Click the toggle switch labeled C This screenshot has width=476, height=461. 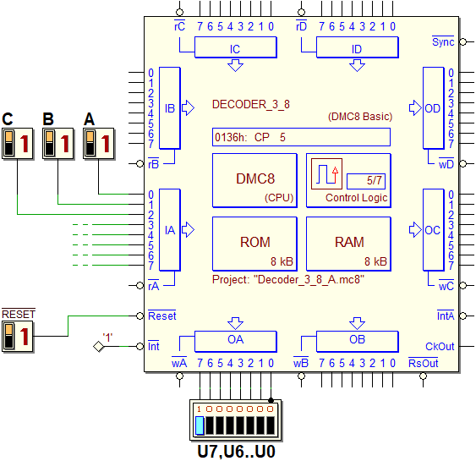pyautogui.click(x=17, y=143)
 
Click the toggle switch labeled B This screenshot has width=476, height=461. pyautogui.click(x=58, y=143)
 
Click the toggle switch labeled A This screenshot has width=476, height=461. pyautogui.click(x=99, y=143)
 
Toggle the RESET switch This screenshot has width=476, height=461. pyautogui.click(x=17, y=337)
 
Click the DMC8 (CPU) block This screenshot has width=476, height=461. pyautogui.click(x=254, y=180)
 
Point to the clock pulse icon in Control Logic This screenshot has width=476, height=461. pyautogui.click(x=326, y=173)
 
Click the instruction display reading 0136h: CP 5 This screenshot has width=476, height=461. pyautogui.click(x=301, y=137)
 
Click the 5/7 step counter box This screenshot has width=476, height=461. pyautogui.click(x=366, y=181)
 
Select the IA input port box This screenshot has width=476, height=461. pyautogui.click(x=170, y=230)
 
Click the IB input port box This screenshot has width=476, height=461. pyautogui.click(x=170, y=108)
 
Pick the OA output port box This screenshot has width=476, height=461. pyautogui.click(x=236, y=342)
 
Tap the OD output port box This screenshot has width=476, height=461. pyautogui.click(x=434, y=108)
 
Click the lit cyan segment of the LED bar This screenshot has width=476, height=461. pyautogui.click(x=200, y=425)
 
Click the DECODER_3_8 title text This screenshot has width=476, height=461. pyautogui.click(x=251, y=105)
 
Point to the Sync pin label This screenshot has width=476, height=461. pyautogui.click(x=443, y=41)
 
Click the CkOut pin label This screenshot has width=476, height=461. pyautogui.click(x=440, y=347)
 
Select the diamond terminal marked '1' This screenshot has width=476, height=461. pyautogui.click(x=99, y=346)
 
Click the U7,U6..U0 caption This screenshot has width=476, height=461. pyautogui.click(x=236, y=452)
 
